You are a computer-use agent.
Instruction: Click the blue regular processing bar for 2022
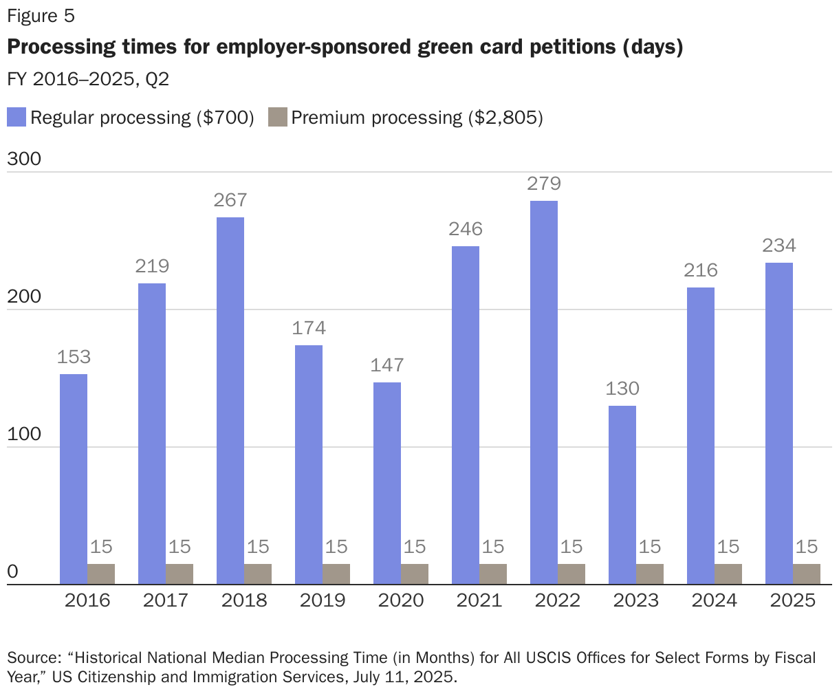(544, 392)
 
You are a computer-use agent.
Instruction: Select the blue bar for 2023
(622, 495)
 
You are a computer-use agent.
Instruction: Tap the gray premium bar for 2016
(101, 574)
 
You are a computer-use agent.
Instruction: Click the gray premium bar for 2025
(807, 574)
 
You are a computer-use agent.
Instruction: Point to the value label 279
(544, 184)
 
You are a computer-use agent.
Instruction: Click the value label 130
(622, 389)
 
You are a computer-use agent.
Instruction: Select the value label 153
(74, 357)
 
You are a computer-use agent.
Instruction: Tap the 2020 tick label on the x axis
(401, 600)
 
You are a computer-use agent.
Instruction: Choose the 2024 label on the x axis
(715, 600)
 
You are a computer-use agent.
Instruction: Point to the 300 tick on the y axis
(24, 159)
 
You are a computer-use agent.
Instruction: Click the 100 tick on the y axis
(24, 435)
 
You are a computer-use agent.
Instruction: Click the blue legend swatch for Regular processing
(17, 117)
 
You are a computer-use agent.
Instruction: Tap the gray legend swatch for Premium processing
(277, 117)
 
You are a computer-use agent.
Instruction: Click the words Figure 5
(41, 16)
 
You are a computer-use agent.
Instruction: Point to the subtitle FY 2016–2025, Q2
(88, 80)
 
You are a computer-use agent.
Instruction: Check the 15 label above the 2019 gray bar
(336, 547)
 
